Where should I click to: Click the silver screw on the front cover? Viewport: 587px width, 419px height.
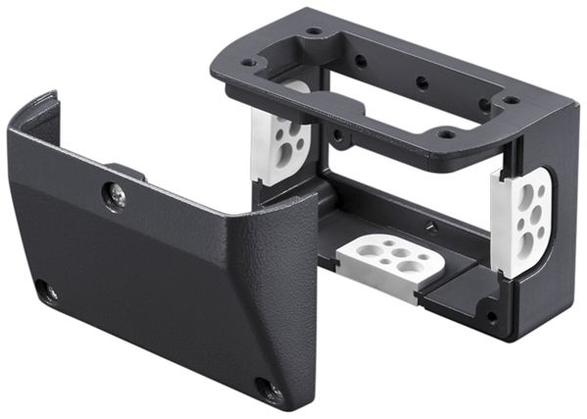pos(115,198)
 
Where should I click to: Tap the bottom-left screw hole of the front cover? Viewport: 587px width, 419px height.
pos(43,291)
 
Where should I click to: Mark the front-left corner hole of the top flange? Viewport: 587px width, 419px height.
pos(248,62)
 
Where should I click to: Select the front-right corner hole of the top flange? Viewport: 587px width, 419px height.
pos(446,133)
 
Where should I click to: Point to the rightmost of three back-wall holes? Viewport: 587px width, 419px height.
pos(484,104)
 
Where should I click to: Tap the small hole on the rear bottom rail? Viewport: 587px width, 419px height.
pos(430,227)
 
